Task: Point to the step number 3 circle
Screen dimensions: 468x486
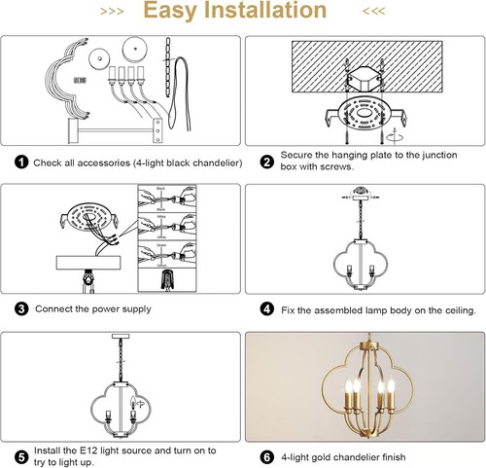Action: (x=20, y=308)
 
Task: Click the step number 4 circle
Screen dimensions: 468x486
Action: (x=265, y=308)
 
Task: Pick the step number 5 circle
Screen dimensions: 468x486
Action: (x=20, y=456)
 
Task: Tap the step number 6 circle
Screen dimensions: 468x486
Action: (x=265, y=456)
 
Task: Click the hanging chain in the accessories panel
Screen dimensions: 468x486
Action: (x=169, y=56)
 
